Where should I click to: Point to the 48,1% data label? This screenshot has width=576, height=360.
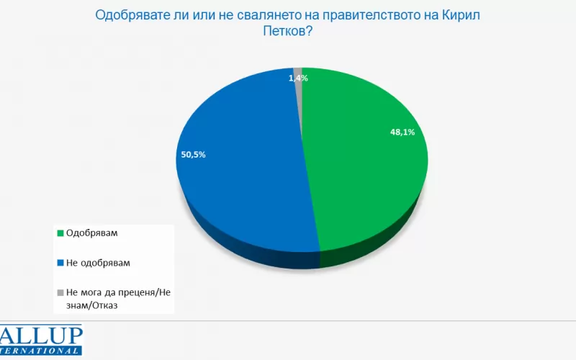[402, 132]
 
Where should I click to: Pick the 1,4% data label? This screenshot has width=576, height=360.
[298, 78]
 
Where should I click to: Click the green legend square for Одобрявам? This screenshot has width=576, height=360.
[59, 233]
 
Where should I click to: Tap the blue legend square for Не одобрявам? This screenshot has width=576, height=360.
[59, 263]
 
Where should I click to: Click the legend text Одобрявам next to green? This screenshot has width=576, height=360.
[90, 233]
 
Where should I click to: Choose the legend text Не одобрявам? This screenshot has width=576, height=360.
[97, 263]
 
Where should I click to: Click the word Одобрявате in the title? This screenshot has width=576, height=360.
[127, 14]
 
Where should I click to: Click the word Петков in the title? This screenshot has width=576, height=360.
[283, 32]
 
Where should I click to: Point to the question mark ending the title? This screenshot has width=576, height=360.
[310, 32]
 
